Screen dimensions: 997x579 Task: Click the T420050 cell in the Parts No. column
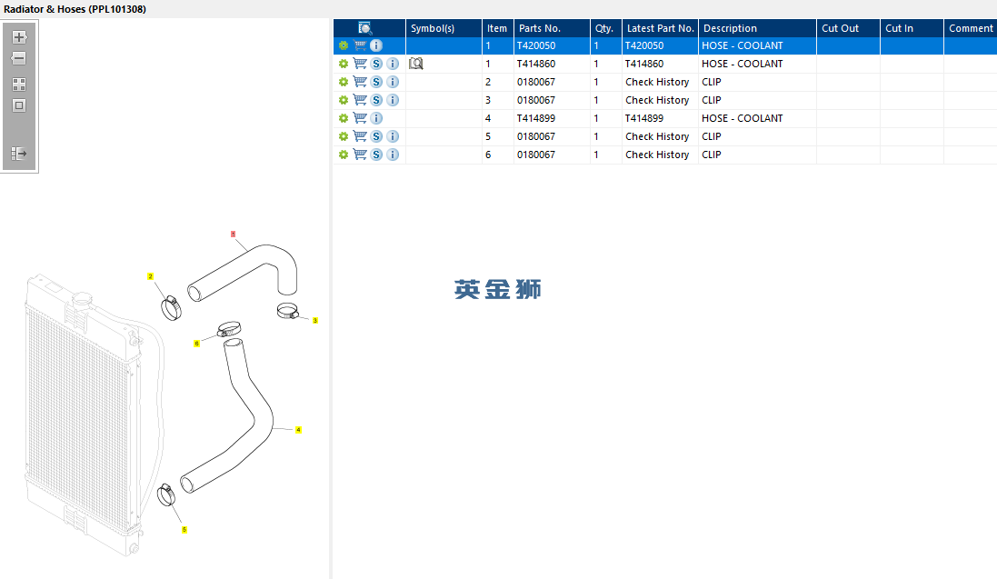coord(536,45)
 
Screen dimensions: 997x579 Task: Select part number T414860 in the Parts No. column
coord(536,64)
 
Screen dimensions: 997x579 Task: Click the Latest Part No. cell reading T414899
coord(644,118)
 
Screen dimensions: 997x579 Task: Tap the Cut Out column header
coord(840,28)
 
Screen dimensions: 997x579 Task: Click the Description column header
coord(730,28)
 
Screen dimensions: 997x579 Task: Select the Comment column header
coord(971,28)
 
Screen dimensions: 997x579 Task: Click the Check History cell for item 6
coord(657,155)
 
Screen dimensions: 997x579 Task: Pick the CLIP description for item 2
coord(711,82)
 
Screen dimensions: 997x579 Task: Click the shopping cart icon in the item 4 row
coord(360,118)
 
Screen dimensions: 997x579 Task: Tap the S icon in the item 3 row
coord(376,100)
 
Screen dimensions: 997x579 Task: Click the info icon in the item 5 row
coord(393,136)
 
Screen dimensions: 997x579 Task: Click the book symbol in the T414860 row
coord(416,64)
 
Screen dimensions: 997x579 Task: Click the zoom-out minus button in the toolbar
coord(18,58)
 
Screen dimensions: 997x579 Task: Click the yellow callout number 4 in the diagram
coord(298,430)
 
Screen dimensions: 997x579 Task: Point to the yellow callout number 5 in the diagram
coord(184,529)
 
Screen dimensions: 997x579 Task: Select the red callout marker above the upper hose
coord(234,235)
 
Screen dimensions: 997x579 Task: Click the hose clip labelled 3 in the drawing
coord(287,311)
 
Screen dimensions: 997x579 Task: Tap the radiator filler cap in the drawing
coord(82,298)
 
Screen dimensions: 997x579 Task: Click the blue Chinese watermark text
coord(497,289)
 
